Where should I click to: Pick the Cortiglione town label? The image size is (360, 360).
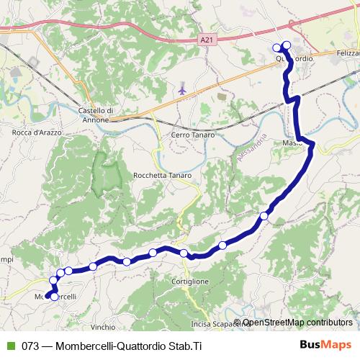[x=191, y=282]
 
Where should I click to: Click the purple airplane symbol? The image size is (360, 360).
[x=182, y=91]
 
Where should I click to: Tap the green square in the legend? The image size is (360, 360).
[x=9, y=345]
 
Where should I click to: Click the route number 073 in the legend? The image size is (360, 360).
[x=30, y=345]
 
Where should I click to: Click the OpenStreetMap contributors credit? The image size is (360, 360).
[x=297, y=323]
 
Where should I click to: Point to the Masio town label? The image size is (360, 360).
[x=291, y=143]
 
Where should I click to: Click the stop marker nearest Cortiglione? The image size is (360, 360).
[x=184, y=253]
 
